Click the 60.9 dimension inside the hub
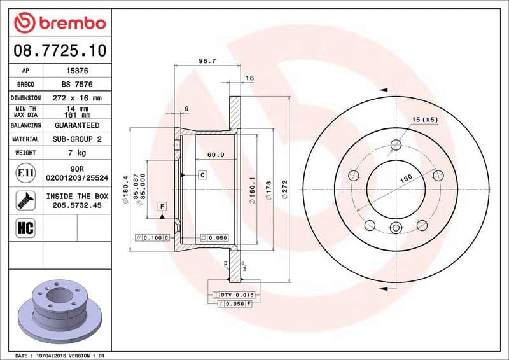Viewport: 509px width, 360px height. pos(216,155)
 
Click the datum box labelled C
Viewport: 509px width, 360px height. pos(202,174)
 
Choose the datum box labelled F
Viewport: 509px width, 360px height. pos(162,206)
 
